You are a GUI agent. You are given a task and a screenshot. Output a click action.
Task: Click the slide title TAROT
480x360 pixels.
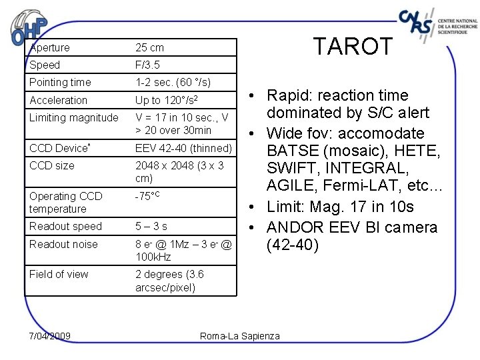[x=354, y=47]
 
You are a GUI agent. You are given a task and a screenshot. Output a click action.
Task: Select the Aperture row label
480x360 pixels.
[x=49, y=47]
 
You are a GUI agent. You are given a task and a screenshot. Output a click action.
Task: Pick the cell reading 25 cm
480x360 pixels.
[x=149, y=47]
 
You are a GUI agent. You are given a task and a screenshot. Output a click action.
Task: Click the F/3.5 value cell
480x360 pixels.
[x=147, y=65]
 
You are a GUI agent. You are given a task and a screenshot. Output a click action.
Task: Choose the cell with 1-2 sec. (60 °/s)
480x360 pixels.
[x=173, y=83]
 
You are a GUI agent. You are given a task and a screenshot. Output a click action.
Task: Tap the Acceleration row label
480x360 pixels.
[x=58, y=100]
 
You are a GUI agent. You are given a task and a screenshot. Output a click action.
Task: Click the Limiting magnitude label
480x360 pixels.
[x=73, y=118]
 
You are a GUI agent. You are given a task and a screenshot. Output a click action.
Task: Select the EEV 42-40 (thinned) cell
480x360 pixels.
[x=183, y=148]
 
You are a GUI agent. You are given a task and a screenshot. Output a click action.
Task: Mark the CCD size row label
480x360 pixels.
[x=51, y=165]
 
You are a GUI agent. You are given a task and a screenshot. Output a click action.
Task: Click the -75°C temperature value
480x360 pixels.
[x=147, y=197]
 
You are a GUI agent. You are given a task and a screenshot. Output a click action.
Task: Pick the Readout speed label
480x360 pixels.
[x=65, y=227]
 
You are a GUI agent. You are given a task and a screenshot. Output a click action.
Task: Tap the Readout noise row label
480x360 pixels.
[x=63, y=244]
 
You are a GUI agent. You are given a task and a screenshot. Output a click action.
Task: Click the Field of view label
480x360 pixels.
[x=59, y=274]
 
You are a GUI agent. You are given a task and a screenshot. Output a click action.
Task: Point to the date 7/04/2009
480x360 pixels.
[x=51, y=335]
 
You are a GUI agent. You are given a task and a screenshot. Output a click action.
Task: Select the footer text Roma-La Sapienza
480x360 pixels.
[x=240, y=336]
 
